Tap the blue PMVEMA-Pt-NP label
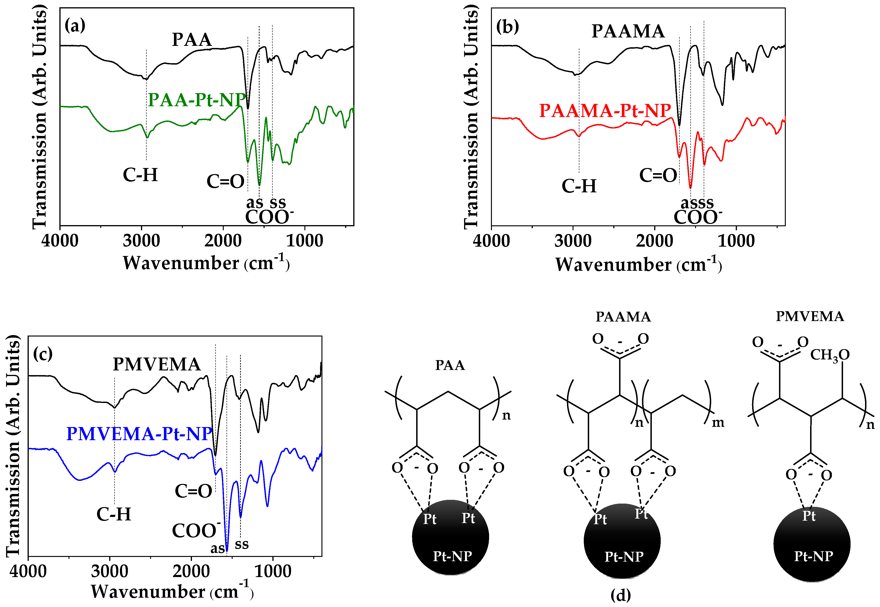[139, 434]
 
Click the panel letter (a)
[75, 26]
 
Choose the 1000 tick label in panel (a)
[304, 241]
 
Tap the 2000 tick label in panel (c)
[191, 571]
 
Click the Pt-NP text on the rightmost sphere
[814, 556]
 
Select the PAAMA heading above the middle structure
[623, 317]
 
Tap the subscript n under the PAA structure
[506, 415]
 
